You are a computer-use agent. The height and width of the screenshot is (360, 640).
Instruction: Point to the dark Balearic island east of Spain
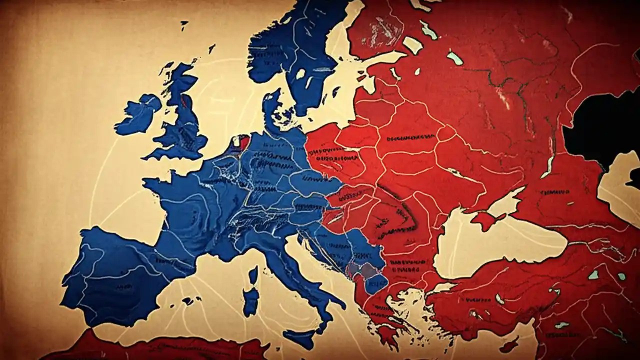tap(188, 301)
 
